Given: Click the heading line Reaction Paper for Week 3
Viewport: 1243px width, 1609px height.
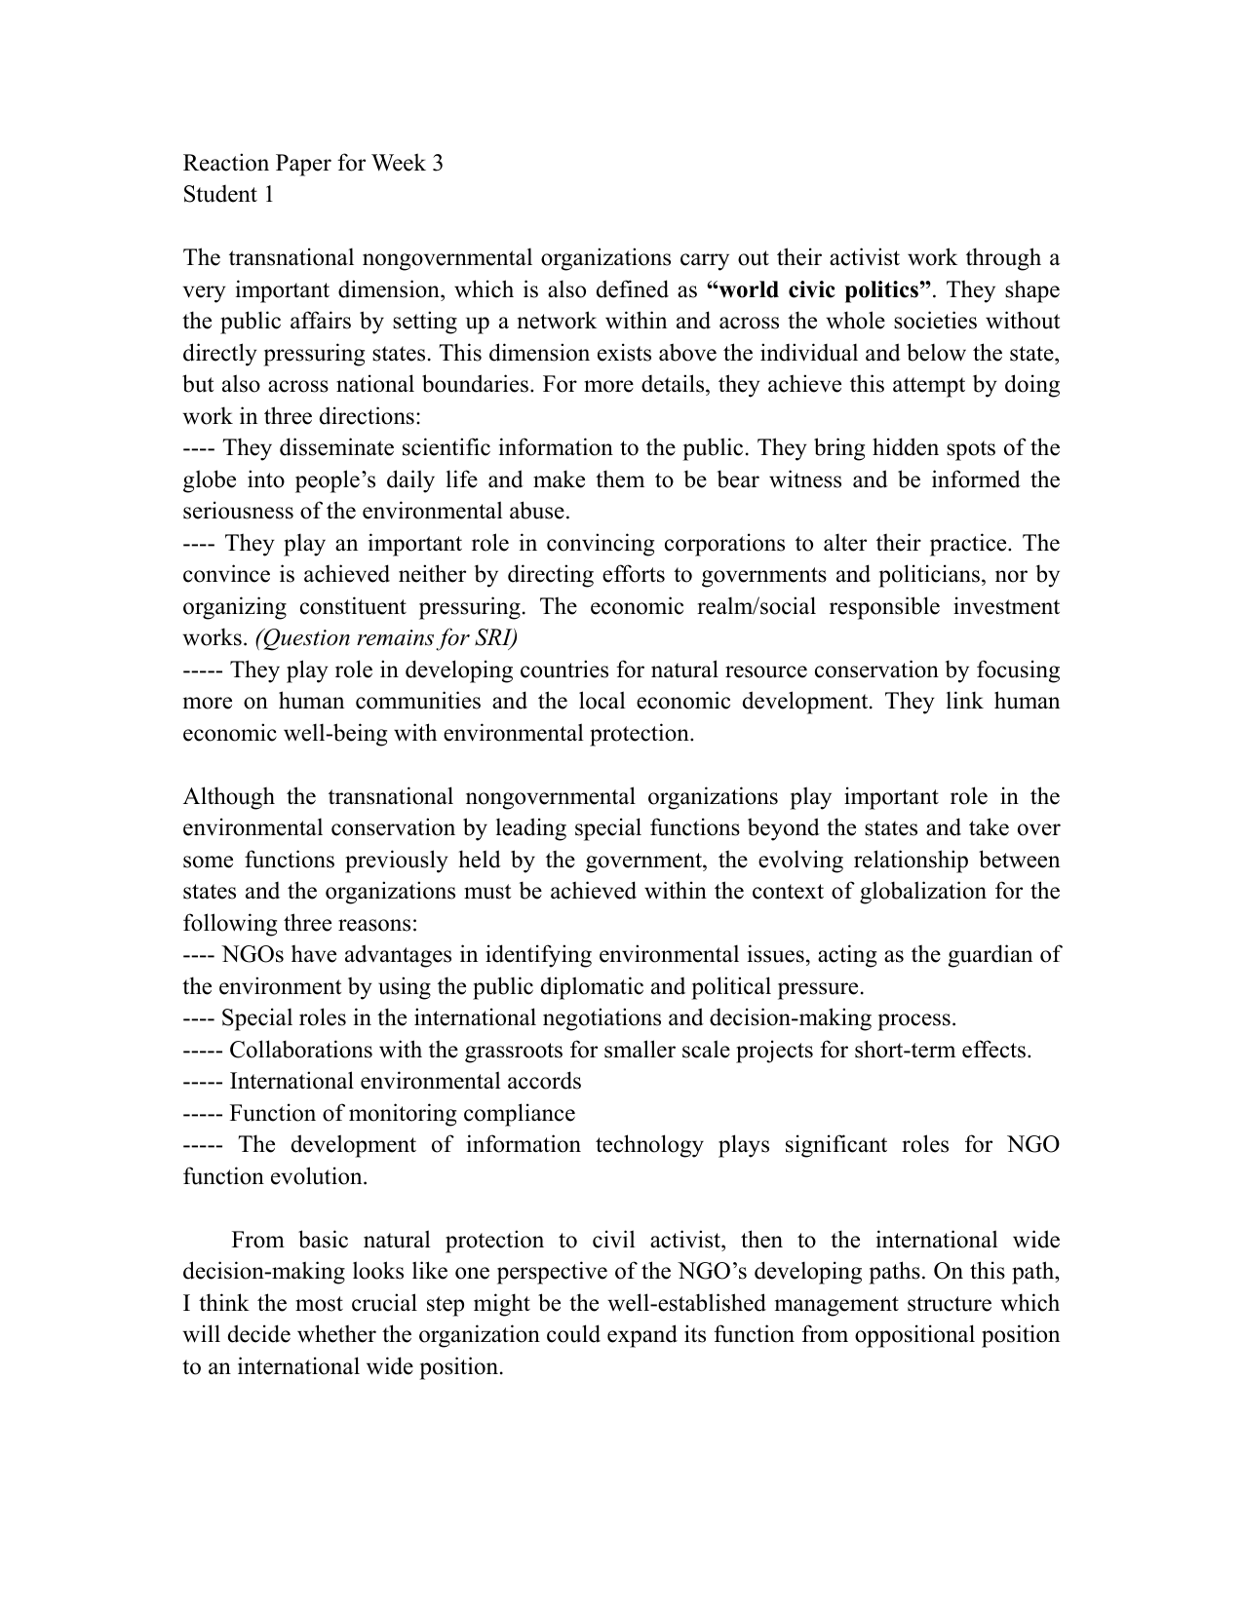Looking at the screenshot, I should click(313, 163).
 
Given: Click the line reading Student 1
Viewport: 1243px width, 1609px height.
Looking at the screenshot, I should click(228, 195).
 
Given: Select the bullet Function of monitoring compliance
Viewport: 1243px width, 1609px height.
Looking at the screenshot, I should click(402, 1114).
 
